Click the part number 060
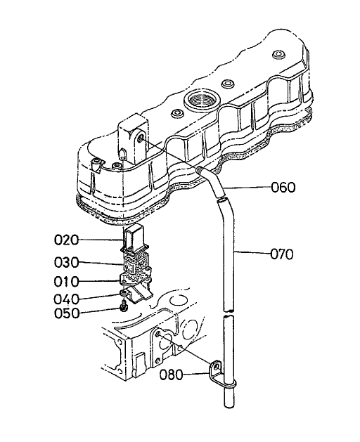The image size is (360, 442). click(x=282, y=188)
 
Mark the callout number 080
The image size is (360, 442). click(x=174, y=375)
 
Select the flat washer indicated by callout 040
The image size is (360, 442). click(x=124, y=292)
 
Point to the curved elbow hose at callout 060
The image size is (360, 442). click(x=211, y=181)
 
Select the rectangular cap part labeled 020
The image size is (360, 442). click(x=135, y=240)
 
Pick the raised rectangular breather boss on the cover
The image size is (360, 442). click(x=132, y=138)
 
